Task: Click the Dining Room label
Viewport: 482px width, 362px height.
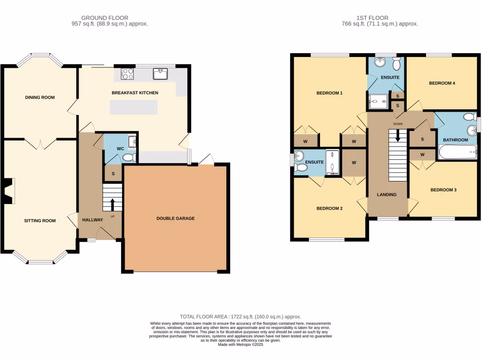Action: tap(40, 98)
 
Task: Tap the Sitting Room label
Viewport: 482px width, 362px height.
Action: tap(40, 221)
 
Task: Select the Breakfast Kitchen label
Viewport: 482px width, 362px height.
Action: tap(135, 93)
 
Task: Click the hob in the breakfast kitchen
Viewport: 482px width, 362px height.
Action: tap(128, 74)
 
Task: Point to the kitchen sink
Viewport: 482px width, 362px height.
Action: tap(160, 74)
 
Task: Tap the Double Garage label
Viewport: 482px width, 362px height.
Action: tap(176, 218)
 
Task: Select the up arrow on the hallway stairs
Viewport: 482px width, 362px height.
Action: tap(112, 205)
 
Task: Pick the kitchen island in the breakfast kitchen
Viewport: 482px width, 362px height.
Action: tap(134, 108)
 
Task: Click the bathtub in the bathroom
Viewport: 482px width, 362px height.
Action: tap(458, 152)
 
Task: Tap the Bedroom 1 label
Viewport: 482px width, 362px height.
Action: tap(329, 93)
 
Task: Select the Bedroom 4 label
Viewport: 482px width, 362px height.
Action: tap(442, 83)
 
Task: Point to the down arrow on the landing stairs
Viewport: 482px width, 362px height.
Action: tap(398, 136)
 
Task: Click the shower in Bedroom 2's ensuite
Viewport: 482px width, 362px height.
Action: tap(332, 162)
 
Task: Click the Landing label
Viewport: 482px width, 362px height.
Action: tap(387, 195)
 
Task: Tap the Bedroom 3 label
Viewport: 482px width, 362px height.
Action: tap(443, 190)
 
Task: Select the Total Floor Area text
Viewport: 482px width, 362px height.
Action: tap(241, 317)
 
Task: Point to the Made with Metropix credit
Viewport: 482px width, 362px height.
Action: tap(241, 345)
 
